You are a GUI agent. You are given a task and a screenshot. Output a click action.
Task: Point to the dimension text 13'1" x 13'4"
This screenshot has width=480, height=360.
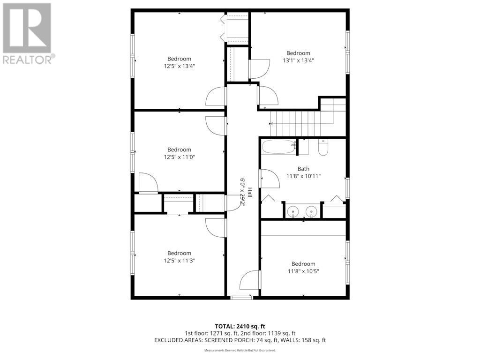(x=298, y=60)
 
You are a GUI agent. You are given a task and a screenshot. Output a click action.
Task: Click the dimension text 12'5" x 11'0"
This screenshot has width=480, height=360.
(x=179, y=157)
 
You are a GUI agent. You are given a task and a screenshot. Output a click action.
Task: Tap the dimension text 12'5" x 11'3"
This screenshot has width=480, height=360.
(x=179, y=260)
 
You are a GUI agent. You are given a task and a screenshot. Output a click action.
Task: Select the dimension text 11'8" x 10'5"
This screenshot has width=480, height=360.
(x=303, y=271)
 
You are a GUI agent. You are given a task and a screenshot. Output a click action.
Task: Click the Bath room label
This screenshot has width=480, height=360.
(x=303, y=169)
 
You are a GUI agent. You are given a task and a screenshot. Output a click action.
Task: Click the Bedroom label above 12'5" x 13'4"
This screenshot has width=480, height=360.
(x=179, y=59)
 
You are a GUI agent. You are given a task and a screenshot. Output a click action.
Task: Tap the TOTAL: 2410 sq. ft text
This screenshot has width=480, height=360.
(x=240, y=326)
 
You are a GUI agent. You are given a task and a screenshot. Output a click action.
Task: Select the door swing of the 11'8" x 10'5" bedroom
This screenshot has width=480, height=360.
(x=250, y=280)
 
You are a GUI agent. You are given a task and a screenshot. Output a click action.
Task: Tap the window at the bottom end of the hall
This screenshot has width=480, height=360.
(x=242, y=297)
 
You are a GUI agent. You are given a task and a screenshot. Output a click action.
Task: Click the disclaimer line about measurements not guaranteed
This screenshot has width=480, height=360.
(x=240, y=350)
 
